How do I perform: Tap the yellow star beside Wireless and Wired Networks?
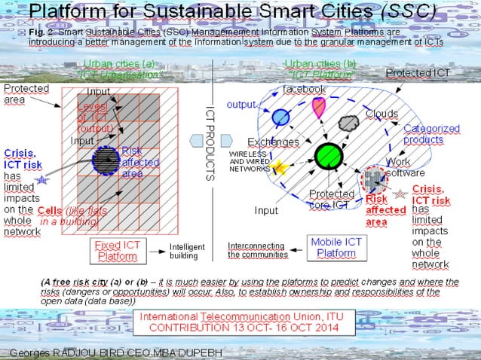280,167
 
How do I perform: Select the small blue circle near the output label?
280,117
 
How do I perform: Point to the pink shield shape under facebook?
319,108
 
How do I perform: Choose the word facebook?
304,89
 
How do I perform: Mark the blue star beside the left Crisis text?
42,180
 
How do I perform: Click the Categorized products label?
431,134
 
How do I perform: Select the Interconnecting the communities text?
256,250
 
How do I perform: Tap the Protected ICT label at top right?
418,72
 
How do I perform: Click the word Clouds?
381,114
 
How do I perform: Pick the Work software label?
405,167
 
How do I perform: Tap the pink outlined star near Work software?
399,195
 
